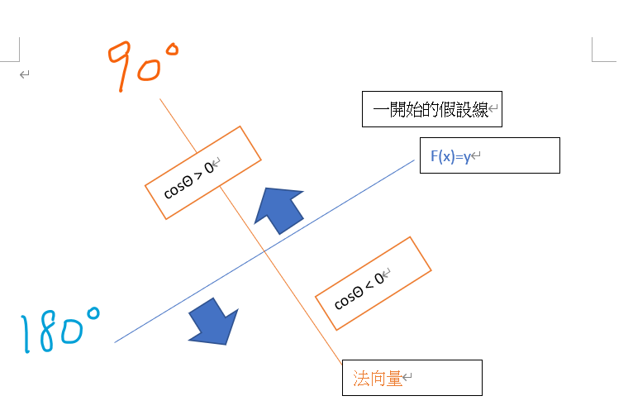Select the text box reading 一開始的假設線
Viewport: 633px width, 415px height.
point(431,109)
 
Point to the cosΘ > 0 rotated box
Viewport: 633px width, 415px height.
point(202,173)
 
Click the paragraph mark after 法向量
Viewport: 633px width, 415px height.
point(407,379)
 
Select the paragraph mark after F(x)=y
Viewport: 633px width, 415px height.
point(477,156)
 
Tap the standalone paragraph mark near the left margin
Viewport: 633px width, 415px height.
point(25,75)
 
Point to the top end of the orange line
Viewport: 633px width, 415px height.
point(160,99)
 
